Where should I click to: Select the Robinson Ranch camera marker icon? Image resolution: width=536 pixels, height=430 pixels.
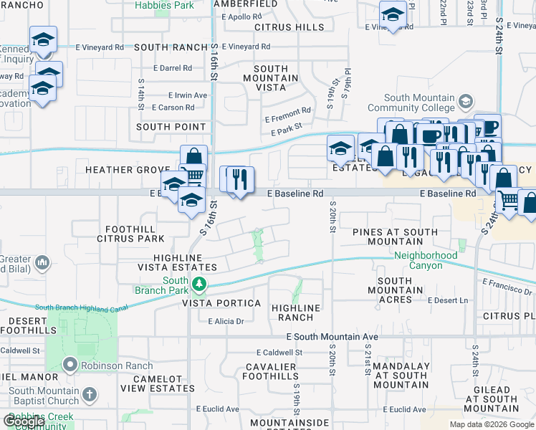70,364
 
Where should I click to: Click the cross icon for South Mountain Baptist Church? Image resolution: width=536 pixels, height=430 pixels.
89,394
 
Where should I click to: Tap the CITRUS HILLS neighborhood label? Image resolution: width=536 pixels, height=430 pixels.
289,27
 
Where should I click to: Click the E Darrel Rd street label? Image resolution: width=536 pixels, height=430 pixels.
173,68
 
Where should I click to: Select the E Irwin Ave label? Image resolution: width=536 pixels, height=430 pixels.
187,95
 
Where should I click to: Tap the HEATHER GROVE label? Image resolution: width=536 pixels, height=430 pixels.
118,170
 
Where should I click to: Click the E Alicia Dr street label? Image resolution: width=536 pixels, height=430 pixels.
226,321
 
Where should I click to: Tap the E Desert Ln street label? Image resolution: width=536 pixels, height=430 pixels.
447,300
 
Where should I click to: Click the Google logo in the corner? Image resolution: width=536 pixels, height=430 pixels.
24,422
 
